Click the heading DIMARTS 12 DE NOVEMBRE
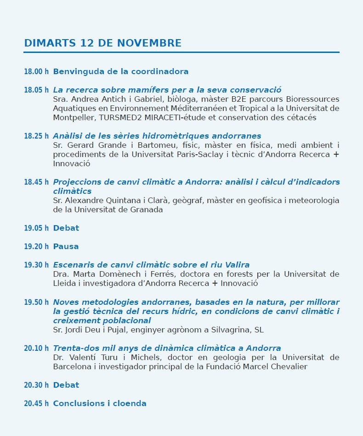click(102, 43)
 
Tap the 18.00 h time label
click(36, 72)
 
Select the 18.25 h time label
click(36, 136)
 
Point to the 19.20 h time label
click(36, 247)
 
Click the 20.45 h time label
click(36, 404)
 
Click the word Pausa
click(66, 247)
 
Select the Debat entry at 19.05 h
click(66, 228)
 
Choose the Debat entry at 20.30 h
click(66, 385)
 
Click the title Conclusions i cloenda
click(100, 404)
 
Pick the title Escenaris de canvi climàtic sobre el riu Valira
click(151, 265)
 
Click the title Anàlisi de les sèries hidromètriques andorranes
click(157, 136)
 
